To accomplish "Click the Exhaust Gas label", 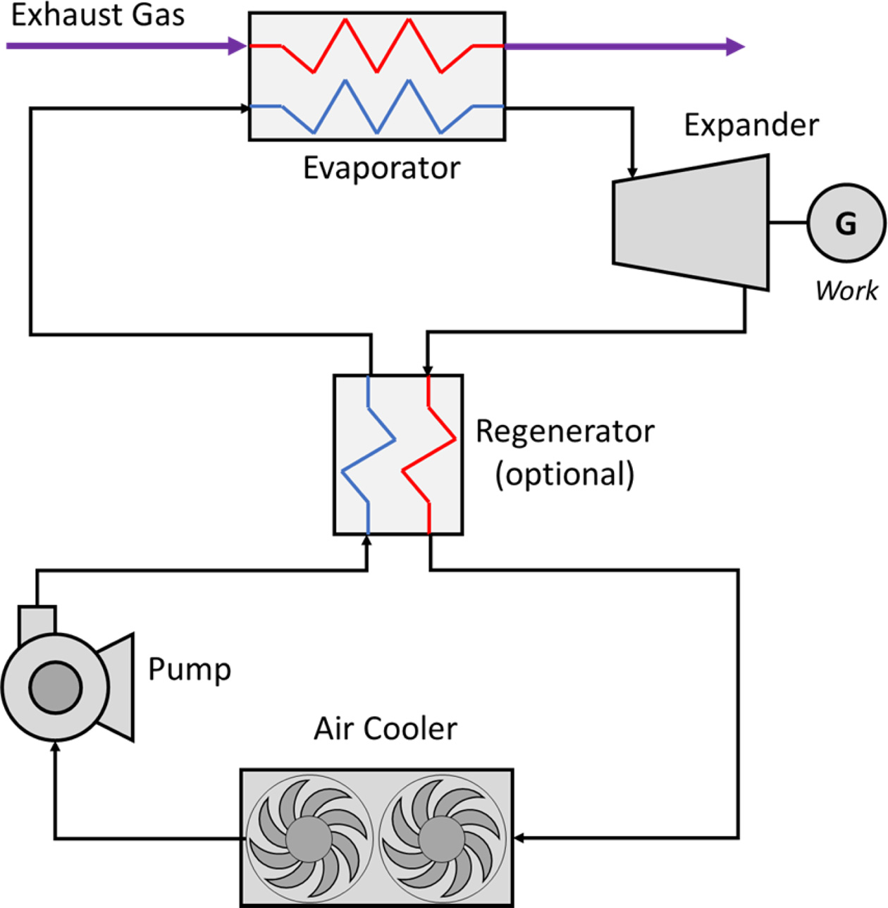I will coord(98,16).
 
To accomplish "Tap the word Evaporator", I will coord(381,168).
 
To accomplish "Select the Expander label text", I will coord(751,125).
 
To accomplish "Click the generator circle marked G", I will coord(846,223).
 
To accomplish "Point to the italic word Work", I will coord(846,290).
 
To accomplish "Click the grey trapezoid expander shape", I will coord(691,223).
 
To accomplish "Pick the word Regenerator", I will coord(565,431).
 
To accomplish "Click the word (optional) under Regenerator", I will coord(565,474).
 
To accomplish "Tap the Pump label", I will coord(190,669).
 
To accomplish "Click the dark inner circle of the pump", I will coord(56,687).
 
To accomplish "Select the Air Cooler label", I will coord(385,729).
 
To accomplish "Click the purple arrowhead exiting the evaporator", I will coord(735,47).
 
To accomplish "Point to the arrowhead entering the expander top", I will coord(632,173).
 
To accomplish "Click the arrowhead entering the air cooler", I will coord(519,838).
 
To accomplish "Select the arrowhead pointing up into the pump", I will coord(56,746).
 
